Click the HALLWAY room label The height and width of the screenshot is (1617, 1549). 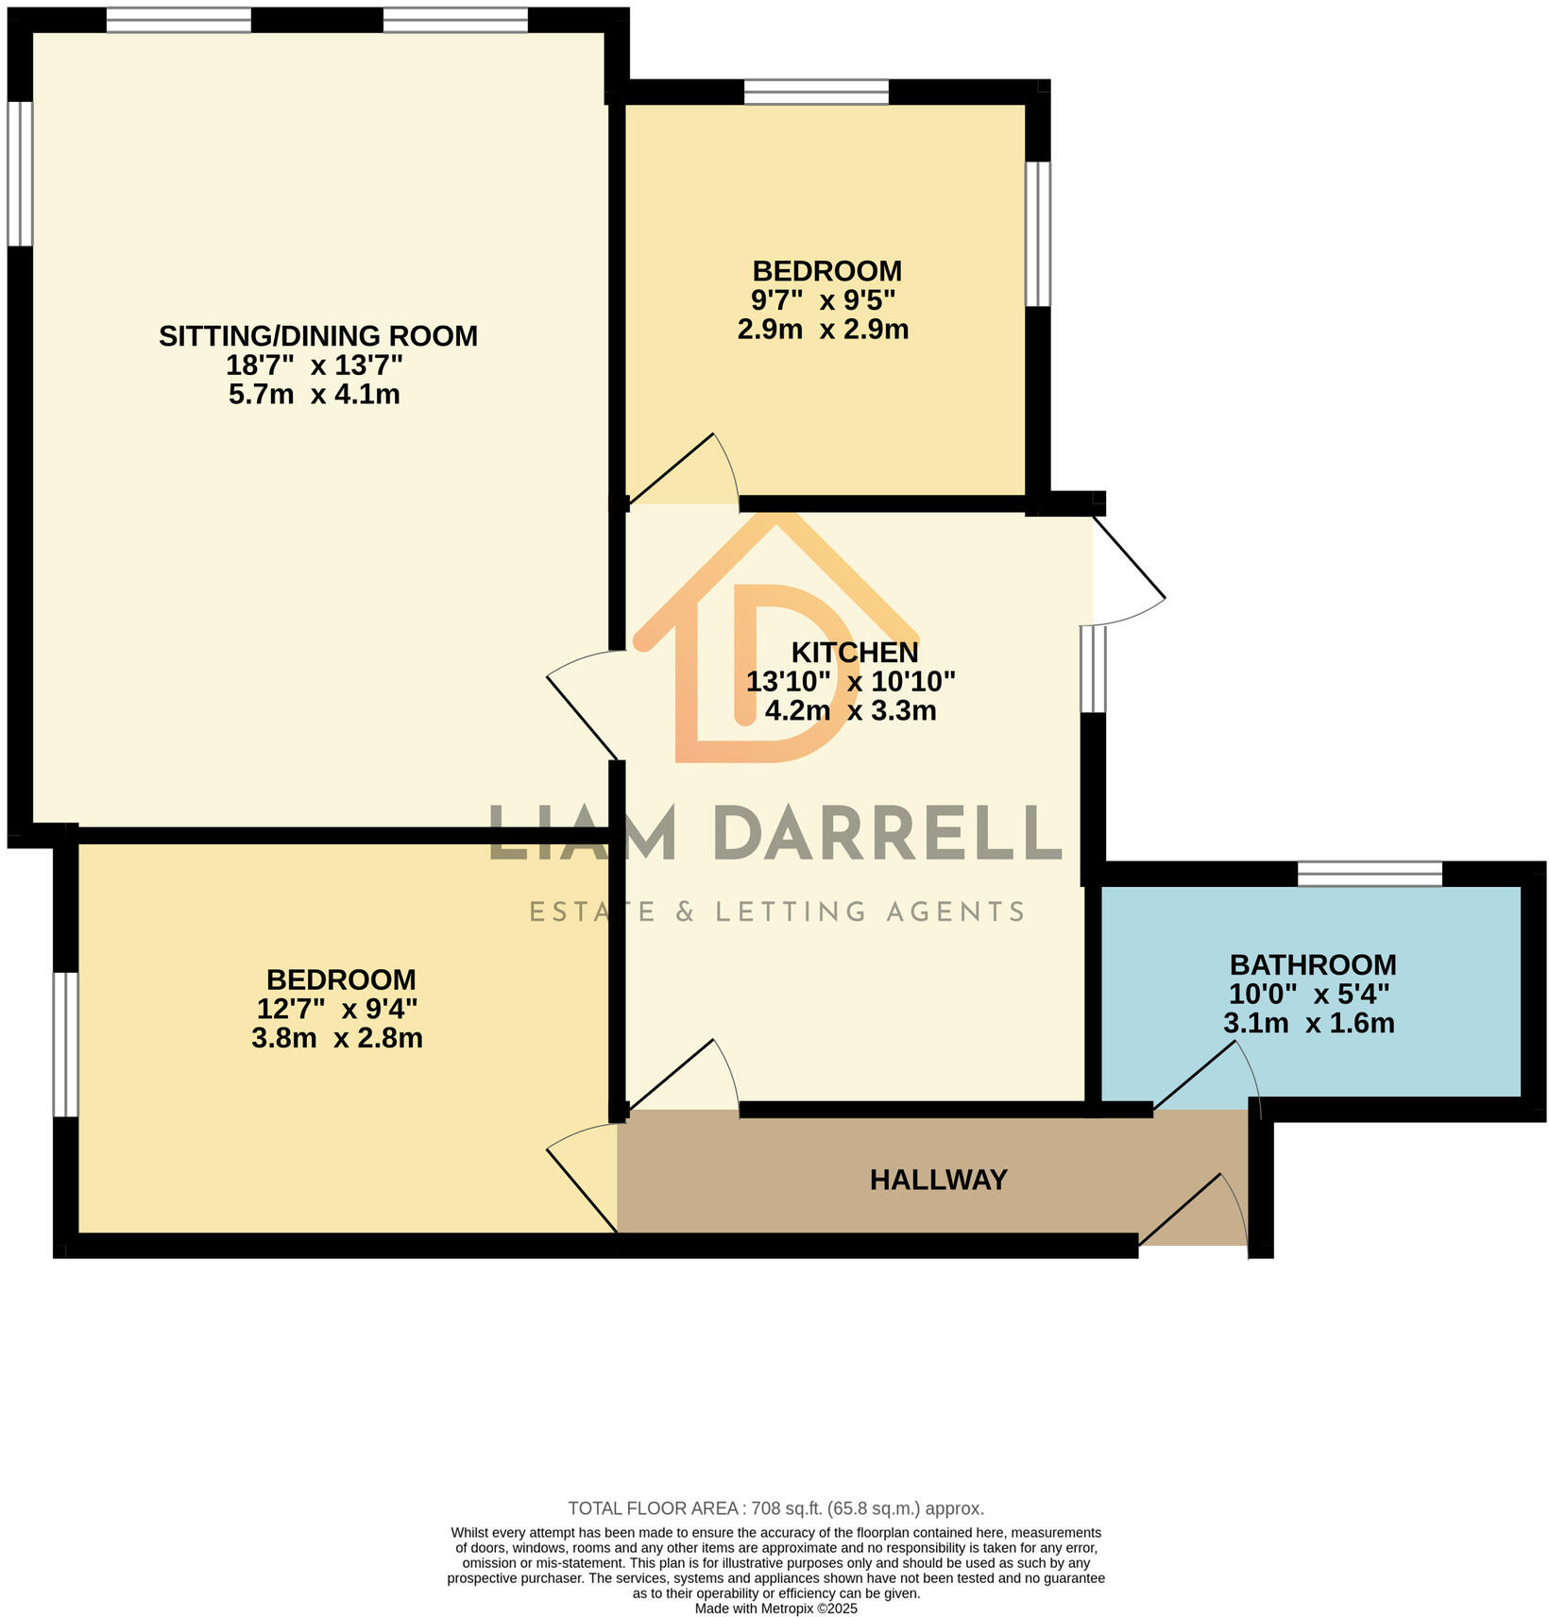coord(938,1180)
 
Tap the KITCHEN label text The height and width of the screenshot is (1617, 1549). coord(854,652)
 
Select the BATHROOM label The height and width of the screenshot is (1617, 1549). coord(1312,964)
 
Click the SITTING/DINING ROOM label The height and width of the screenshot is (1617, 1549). coord(317,335)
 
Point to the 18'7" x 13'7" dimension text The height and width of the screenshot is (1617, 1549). coord(314,365)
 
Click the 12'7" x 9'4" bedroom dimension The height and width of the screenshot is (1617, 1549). coord(336,1009)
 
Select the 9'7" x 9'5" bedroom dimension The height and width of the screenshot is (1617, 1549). coord(823,300)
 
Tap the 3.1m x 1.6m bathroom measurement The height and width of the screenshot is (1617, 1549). coord(1308,1023)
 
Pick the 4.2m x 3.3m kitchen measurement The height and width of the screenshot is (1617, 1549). coord(850,710)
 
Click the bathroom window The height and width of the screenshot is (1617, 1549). coord(1370,874)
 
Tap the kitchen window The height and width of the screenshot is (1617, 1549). coord(1093,669)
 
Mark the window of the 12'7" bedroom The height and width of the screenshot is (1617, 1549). coord(65,1045)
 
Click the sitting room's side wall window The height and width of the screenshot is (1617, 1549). coord(20,174)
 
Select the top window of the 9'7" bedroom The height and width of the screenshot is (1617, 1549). coord(816,92)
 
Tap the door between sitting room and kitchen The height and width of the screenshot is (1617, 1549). coord(584,704)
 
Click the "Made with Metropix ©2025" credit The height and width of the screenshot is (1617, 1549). coord(775,1608)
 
